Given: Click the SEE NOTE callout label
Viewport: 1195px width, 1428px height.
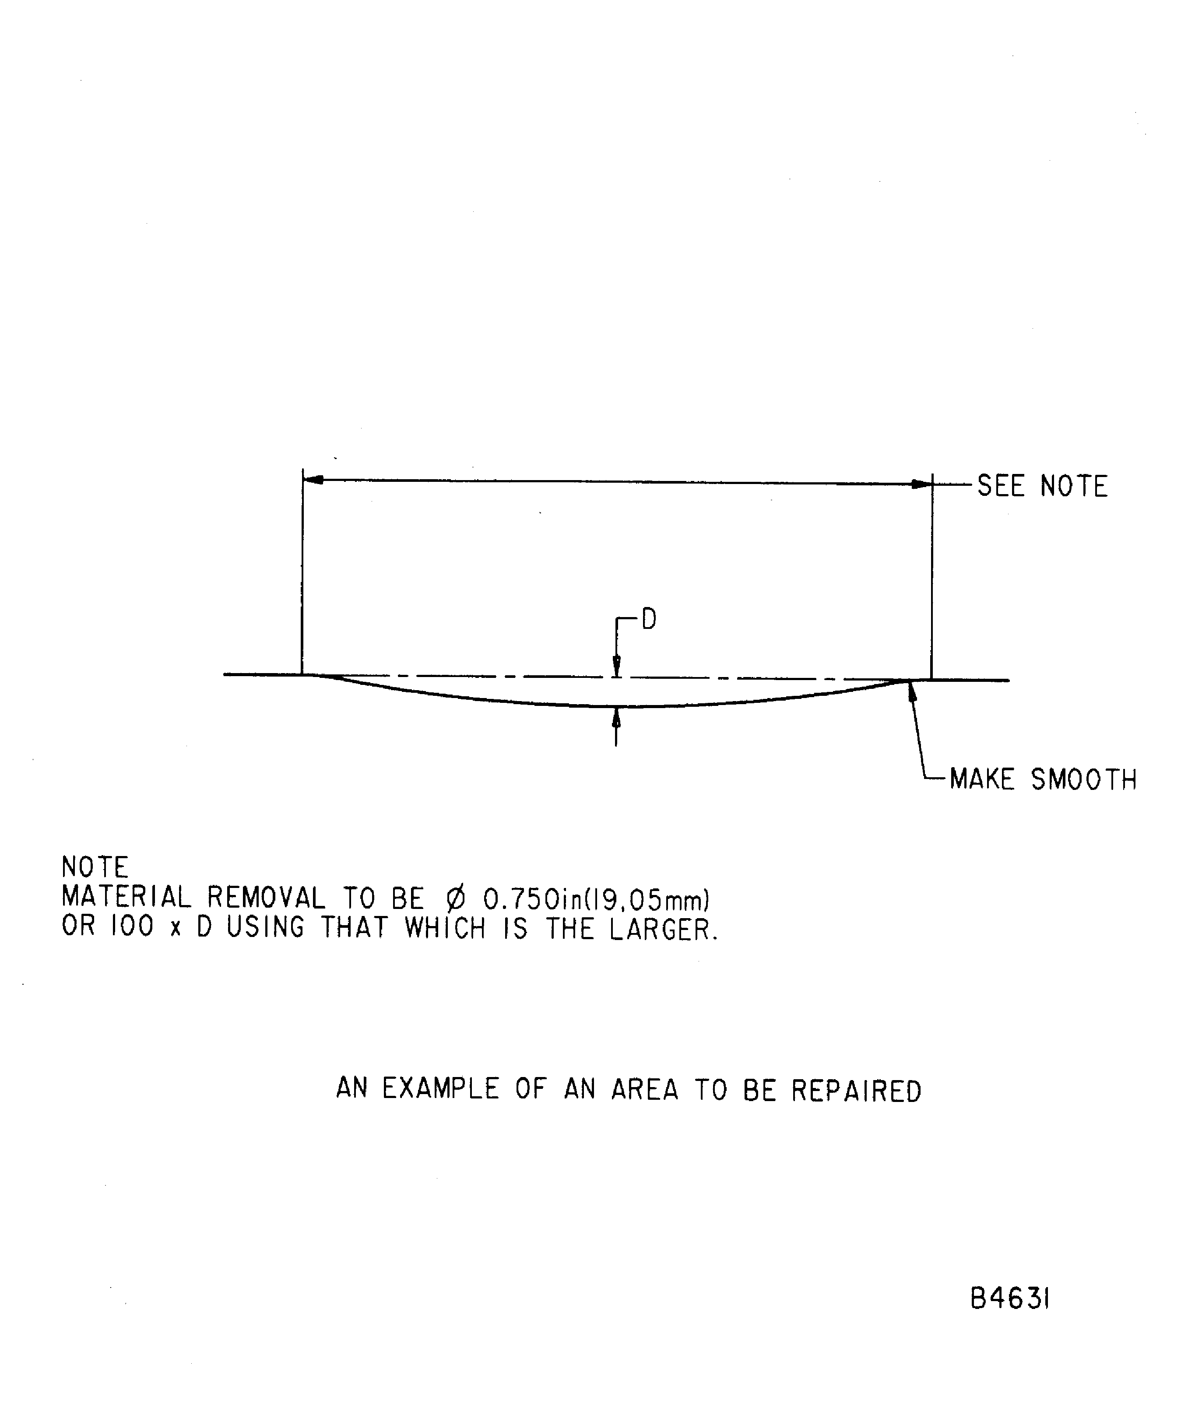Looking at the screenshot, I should coord(1042,486).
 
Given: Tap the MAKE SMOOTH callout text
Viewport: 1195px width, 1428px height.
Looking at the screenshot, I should coord(1043,779).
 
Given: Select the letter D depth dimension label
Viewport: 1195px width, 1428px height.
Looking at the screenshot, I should coord(649,620).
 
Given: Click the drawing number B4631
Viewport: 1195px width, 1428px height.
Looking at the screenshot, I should coord(1009,1299).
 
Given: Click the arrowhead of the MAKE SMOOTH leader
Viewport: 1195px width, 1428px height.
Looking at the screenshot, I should coord(911,690).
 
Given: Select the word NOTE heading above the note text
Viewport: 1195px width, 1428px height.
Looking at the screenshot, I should coord(95,867).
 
